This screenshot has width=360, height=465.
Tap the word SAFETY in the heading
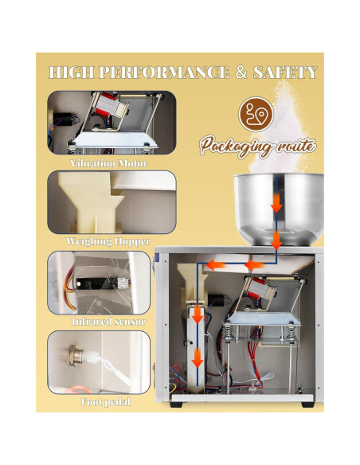coord(285,72)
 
